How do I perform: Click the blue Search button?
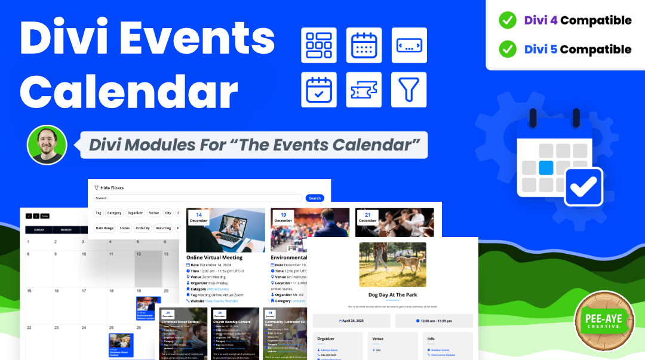[315, 198]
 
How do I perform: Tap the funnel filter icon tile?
[409, 90]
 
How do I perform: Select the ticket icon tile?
[364, 90]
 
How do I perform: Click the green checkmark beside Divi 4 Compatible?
[508, 20]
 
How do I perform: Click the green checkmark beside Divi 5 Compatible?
[508, 49]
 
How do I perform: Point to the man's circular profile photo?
[47, 145]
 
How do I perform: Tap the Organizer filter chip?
[135, 213]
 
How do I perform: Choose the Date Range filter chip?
[105, 228]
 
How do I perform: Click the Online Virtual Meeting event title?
[214, 257]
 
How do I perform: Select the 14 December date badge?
[199, 217]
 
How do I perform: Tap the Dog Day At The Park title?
[392, 294]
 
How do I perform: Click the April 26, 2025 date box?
[351, 321]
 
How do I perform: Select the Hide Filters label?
[112, 187]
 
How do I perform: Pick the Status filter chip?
[124, 228]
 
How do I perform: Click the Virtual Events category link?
[218, 289]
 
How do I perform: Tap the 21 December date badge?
[368, 217]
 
